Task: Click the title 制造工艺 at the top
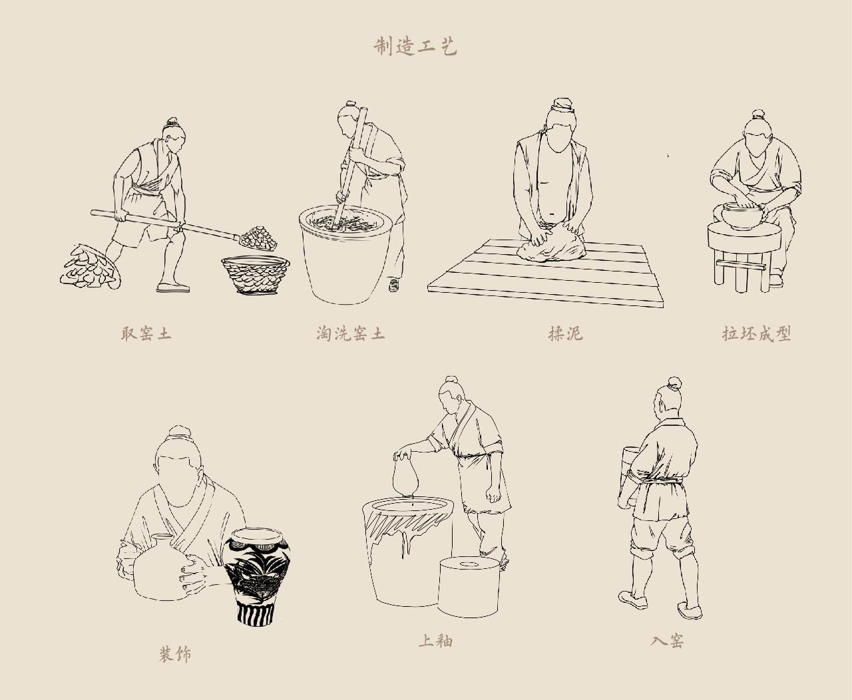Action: click(x=415, y=47)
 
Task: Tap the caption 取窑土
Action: click(x=146, y=333)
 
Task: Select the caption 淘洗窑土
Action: click(x=350, y=333)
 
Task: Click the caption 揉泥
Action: click(x=565, y=333)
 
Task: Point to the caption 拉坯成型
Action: click(x=756, y=333)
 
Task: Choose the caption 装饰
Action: click(x=175, y=654)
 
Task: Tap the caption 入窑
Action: click(x=667, y=641)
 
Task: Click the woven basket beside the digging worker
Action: click(x=256, y=274)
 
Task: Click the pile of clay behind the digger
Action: click(x=91, y=267)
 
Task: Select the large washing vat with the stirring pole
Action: click(x=345, y=254)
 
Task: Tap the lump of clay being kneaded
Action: click(x=552, y=242)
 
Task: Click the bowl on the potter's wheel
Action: click(x=744, y=214)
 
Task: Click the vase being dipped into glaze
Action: click(x=406, y=476)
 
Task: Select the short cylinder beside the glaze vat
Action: click(x=469, y=587)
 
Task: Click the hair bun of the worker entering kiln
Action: click(x=674, y=383)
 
